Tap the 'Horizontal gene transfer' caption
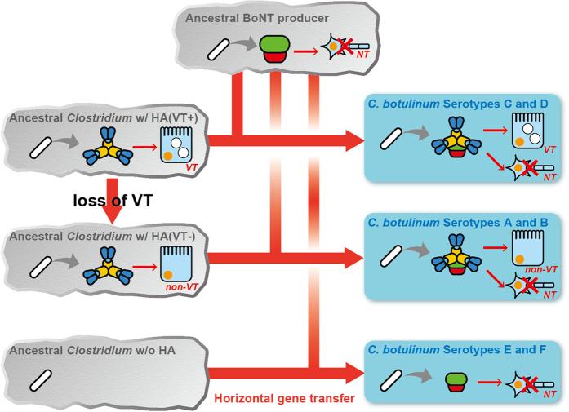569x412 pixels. tap(284, 398)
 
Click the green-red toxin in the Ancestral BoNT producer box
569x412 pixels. tap(276, 49)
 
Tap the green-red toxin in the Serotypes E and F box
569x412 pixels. tap(456, 380)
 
